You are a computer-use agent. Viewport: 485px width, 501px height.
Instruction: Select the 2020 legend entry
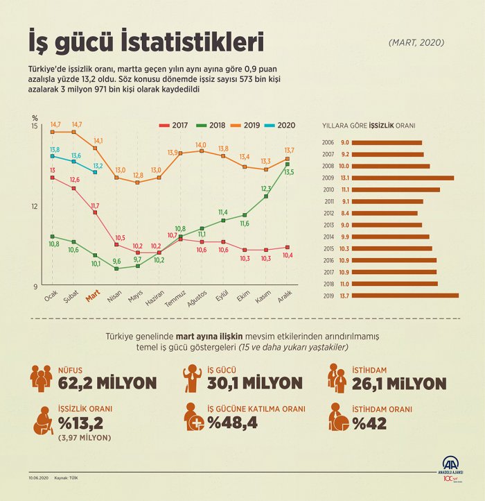click(281, 125)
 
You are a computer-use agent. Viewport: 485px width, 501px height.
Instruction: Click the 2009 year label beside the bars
click(328, 178)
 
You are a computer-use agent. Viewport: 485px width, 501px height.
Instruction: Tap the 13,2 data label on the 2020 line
click(98, 166)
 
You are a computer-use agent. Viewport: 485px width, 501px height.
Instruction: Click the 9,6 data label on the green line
click(116, 262)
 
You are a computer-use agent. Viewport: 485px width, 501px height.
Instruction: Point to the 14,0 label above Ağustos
click(201, 144)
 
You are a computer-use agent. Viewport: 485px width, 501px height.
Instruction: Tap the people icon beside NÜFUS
click(41, 376)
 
